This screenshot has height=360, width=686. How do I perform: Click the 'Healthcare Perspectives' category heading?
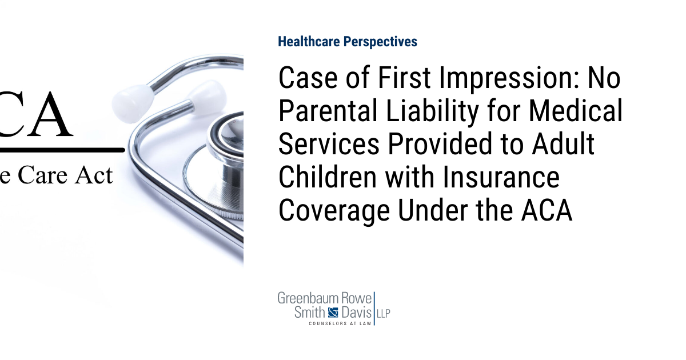[x=347, y=42]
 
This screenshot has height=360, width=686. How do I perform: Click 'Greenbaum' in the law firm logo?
[x=308, y=298]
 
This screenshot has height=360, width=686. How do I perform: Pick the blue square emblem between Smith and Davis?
[x=333, y=312]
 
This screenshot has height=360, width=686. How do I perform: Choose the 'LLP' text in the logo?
[x=383, y=313]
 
